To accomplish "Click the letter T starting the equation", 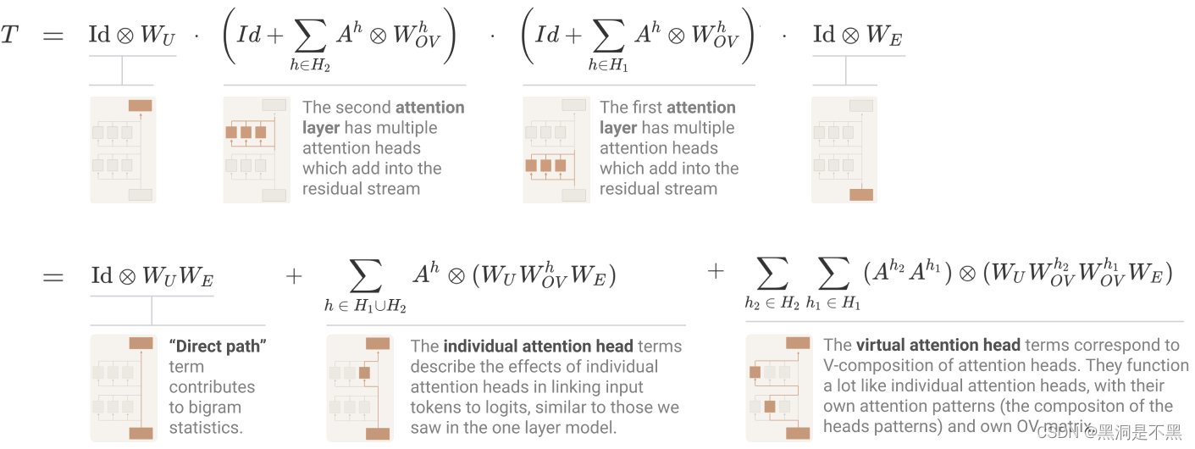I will pyautogui.click(x=9, y=36).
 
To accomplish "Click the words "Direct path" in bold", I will pyautogui.click(x=219, y=346).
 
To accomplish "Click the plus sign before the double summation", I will pyautogui.click(x=716, y=273).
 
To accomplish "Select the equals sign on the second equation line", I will pyautogui.click(x=53, y=276).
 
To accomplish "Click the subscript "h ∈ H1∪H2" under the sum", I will pyautogui.click(x=365, y=307).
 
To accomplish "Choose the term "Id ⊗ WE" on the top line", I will pyautogui.click(x=857, y=36).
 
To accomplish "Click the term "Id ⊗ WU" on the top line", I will pyautogui.click(x=132, y=36).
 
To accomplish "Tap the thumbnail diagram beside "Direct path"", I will pyautogui.click(x=122, y=388).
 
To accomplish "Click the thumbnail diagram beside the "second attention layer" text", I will pyautogui.click(x=256, y=150).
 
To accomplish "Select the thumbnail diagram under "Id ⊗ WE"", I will pyautogui.click(x=844, y=150).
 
